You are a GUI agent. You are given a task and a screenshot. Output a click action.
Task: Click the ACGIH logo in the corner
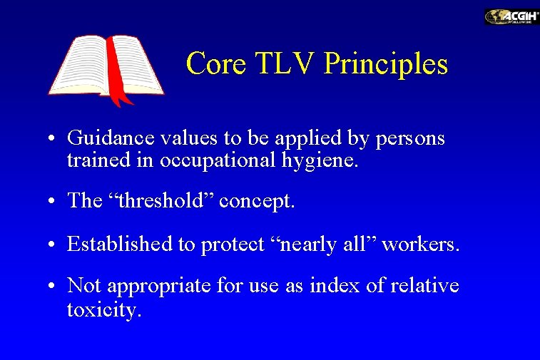[x=511, y=16]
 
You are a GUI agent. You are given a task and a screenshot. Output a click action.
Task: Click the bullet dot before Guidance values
[x=54, y=139]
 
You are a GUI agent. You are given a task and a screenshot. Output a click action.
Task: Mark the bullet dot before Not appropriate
[x=54, y=287]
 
